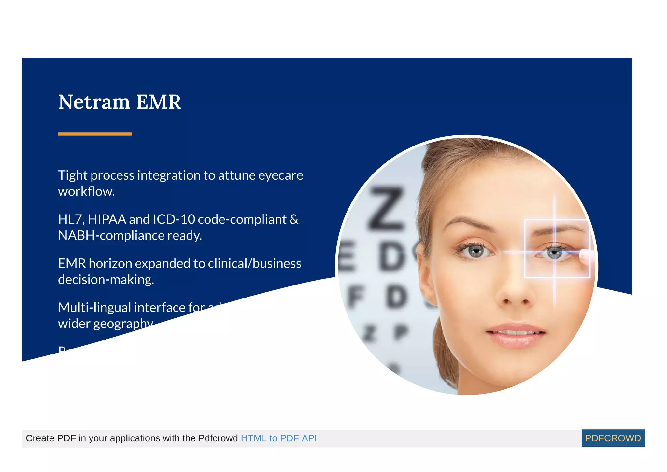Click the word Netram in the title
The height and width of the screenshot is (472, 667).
94,102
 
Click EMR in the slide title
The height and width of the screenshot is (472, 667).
158,102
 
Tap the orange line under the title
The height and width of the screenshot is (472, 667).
94,134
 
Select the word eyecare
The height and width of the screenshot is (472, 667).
280,175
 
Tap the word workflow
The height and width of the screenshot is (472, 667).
86,191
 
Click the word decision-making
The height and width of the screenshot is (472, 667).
106,280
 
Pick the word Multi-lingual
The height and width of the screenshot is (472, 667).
94,308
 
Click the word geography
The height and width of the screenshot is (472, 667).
123,324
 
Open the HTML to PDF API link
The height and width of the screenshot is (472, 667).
278,438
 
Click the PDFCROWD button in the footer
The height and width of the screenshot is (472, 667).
613,438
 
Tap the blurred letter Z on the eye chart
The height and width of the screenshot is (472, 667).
387,208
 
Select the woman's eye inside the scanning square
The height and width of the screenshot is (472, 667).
554,253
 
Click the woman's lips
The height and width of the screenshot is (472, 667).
516,334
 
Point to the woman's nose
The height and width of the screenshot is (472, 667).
516,293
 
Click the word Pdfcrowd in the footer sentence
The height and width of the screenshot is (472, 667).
218,438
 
